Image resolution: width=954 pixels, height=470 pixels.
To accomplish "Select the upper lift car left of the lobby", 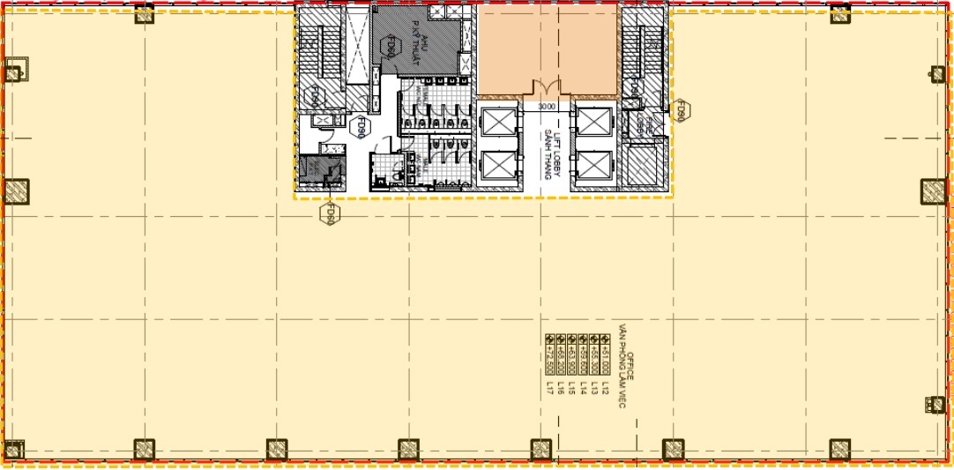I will tap(500, 119).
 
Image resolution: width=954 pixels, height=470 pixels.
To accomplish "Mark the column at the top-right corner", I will tap(839, 13).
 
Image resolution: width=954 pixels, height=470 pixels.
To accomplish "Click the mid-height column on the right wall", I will tap(933, 191).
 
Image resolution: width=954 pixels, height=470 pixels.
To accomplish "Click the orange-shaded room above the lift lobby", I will tap(547, 48).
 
